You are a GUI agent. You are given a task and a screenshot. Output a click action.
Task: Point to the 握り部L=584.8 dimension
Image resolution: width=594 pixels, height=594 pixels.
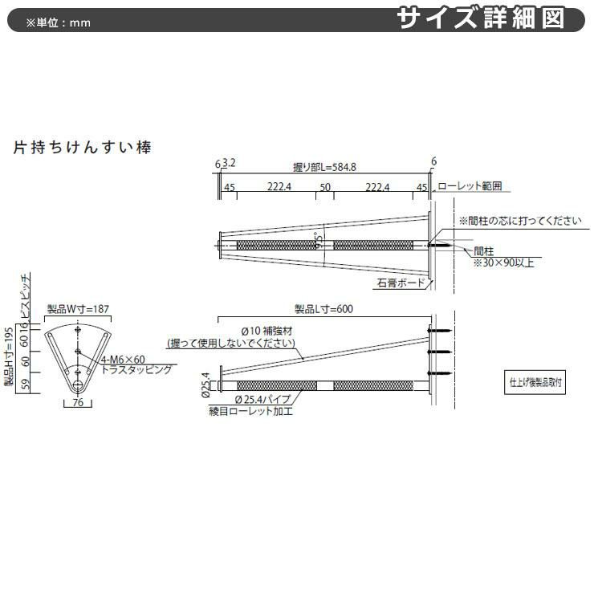(324, 168)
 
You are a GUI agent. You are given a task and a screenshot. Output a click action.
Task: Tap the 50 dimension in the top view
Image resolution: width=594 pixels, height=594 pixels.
(325, 187)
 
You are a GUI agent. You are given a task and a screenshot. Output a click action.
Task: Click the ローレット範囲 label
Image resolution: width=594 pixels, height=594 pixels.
(470, 186)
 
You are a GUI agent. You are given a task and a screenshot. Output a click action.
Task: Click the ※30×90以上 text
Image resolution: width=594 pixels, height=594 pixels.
(502, 262)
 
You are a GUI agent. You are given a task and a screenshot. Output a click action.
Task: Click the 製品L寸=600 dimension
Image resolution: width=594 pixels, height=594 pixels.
(324, 309)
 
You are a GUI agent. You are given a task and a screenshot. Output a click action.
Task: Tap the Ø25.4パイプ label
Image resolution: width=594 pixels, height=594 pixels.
(266, 399)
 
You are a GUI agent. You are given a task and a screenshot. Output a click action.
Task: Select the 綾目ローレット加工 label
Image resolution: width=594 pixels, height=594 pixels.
(250, 410)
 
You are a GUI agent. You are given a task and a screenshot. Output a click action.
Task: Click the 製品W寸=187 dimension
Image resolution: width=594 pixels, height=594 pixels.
(77, 309)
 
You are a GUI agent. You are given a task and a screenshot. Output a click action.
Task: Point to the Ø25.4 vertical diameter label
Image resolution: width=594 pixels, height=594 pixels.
(206, 384)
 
